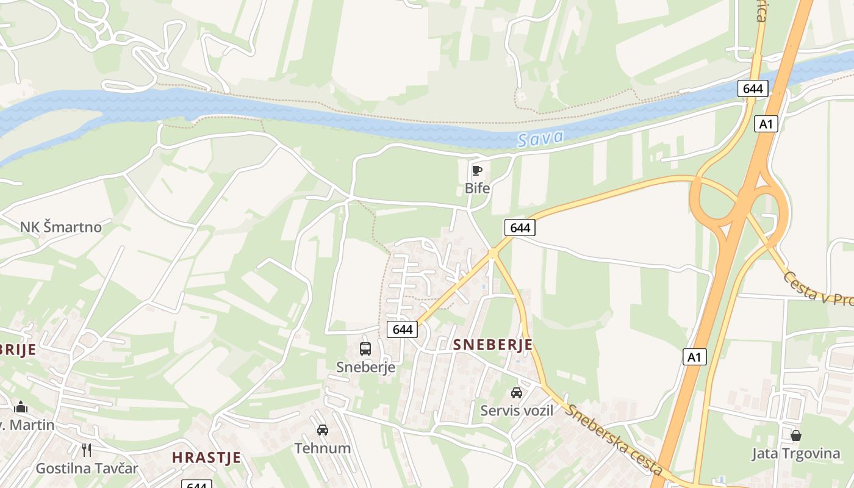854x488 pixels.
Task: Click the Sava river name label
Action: point(540,139)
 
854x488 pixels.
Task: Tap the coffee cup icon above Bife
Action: point(477,170)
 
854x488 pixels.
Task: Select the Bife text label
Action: point(477,188)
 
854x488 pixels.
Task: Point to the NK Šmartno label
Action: point(61,227)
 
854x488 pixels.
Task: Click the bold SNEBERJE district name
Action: point(493,345)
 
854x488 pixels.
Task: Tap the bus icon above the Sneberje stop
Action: point(365,349)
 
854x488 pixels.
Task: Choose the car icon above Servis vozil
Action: point(517,393)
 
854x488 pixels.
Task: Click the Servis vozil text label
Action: point(517,411)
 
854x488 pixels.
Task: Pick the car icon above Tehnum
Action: point(323,430)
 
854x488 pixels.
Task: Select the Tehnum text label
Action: point(323,448)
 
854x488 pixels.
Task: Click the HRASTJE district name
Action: point(206,457)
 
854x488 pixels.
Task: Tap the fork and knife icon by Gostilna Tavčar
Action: point(87,450)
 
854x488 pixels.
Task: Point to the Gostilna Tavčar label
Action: point(87,468)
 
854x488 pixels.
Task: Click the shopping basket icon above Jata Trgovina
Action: point(796,436)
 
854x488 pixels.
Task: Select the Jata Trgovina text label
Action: point(796,454)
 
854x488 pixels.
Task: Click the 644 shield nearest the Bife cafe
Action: point(520,228)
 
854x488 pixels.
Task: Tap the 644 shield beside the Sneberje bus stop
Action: point(403,329)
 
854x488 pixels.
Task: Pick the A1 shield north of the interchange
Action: point(766,124)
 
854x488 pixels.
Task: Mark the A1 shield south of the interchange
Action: point(694,357)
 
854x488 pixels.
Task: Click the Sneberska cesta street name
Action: point(613,439)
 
